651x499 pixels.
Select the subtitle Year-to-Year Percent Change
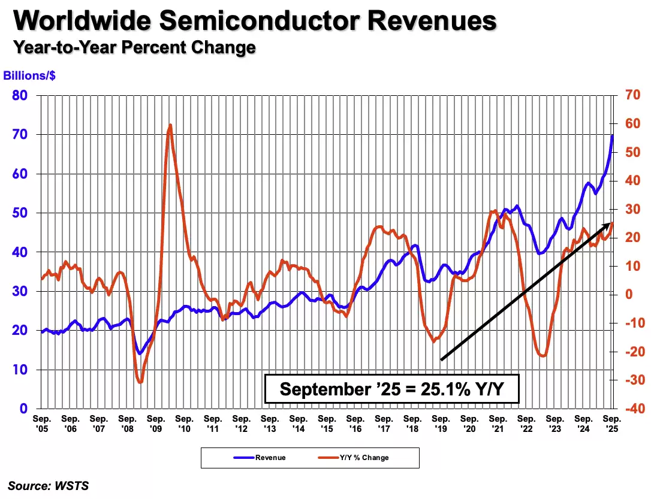pyautogui.click(x=135, y=47)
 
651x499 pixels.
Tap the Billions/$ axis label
pyautogui.click(x=29, y=76)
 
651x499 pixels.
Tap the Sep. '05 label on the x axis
pyautogui.click(x=41, y=424)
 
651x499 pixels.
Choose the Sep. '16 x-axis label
pyautogui.click(x=355, y=424)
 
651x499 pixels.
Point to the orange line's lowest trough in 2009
pyautogui.click(x=140, y=382)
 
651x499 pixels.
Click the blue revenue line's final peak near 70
pyautogui.click(x=612, y=135)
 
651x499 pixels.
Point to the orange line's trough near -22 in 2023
pyautogui.click(x=542, y=356)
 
